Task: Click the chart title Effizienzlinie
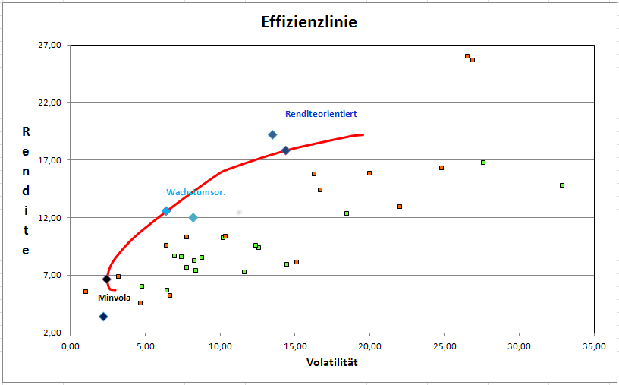click(309, 23)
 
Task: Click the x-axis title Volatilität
click(332, 362)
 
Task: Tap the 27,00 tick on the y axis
click(49, 45)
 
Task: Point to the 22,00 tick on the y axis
click(49, 103)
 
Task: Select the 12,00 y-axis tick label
click(49, 218)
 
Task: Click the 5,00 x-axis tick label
click(144, 346)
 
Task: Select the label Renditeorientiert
click(321, 114)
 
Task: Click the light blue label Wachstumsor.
click(196, 192)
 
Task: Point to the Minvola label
click(114, 298)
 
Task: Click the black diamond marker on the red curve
click(107, 279)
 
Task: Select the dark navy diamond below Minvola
click(103, 317)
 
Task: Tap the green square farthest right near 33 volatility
click(562, 185)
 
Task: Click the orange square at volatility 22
click(400, 207)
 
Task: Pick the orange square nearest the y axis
click(86, 292)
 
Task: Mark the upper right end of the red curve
click(363, 134)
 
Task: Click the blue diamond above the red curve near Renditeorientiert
click(272, 135)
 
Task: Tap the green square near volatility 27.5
click(482, 163)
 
